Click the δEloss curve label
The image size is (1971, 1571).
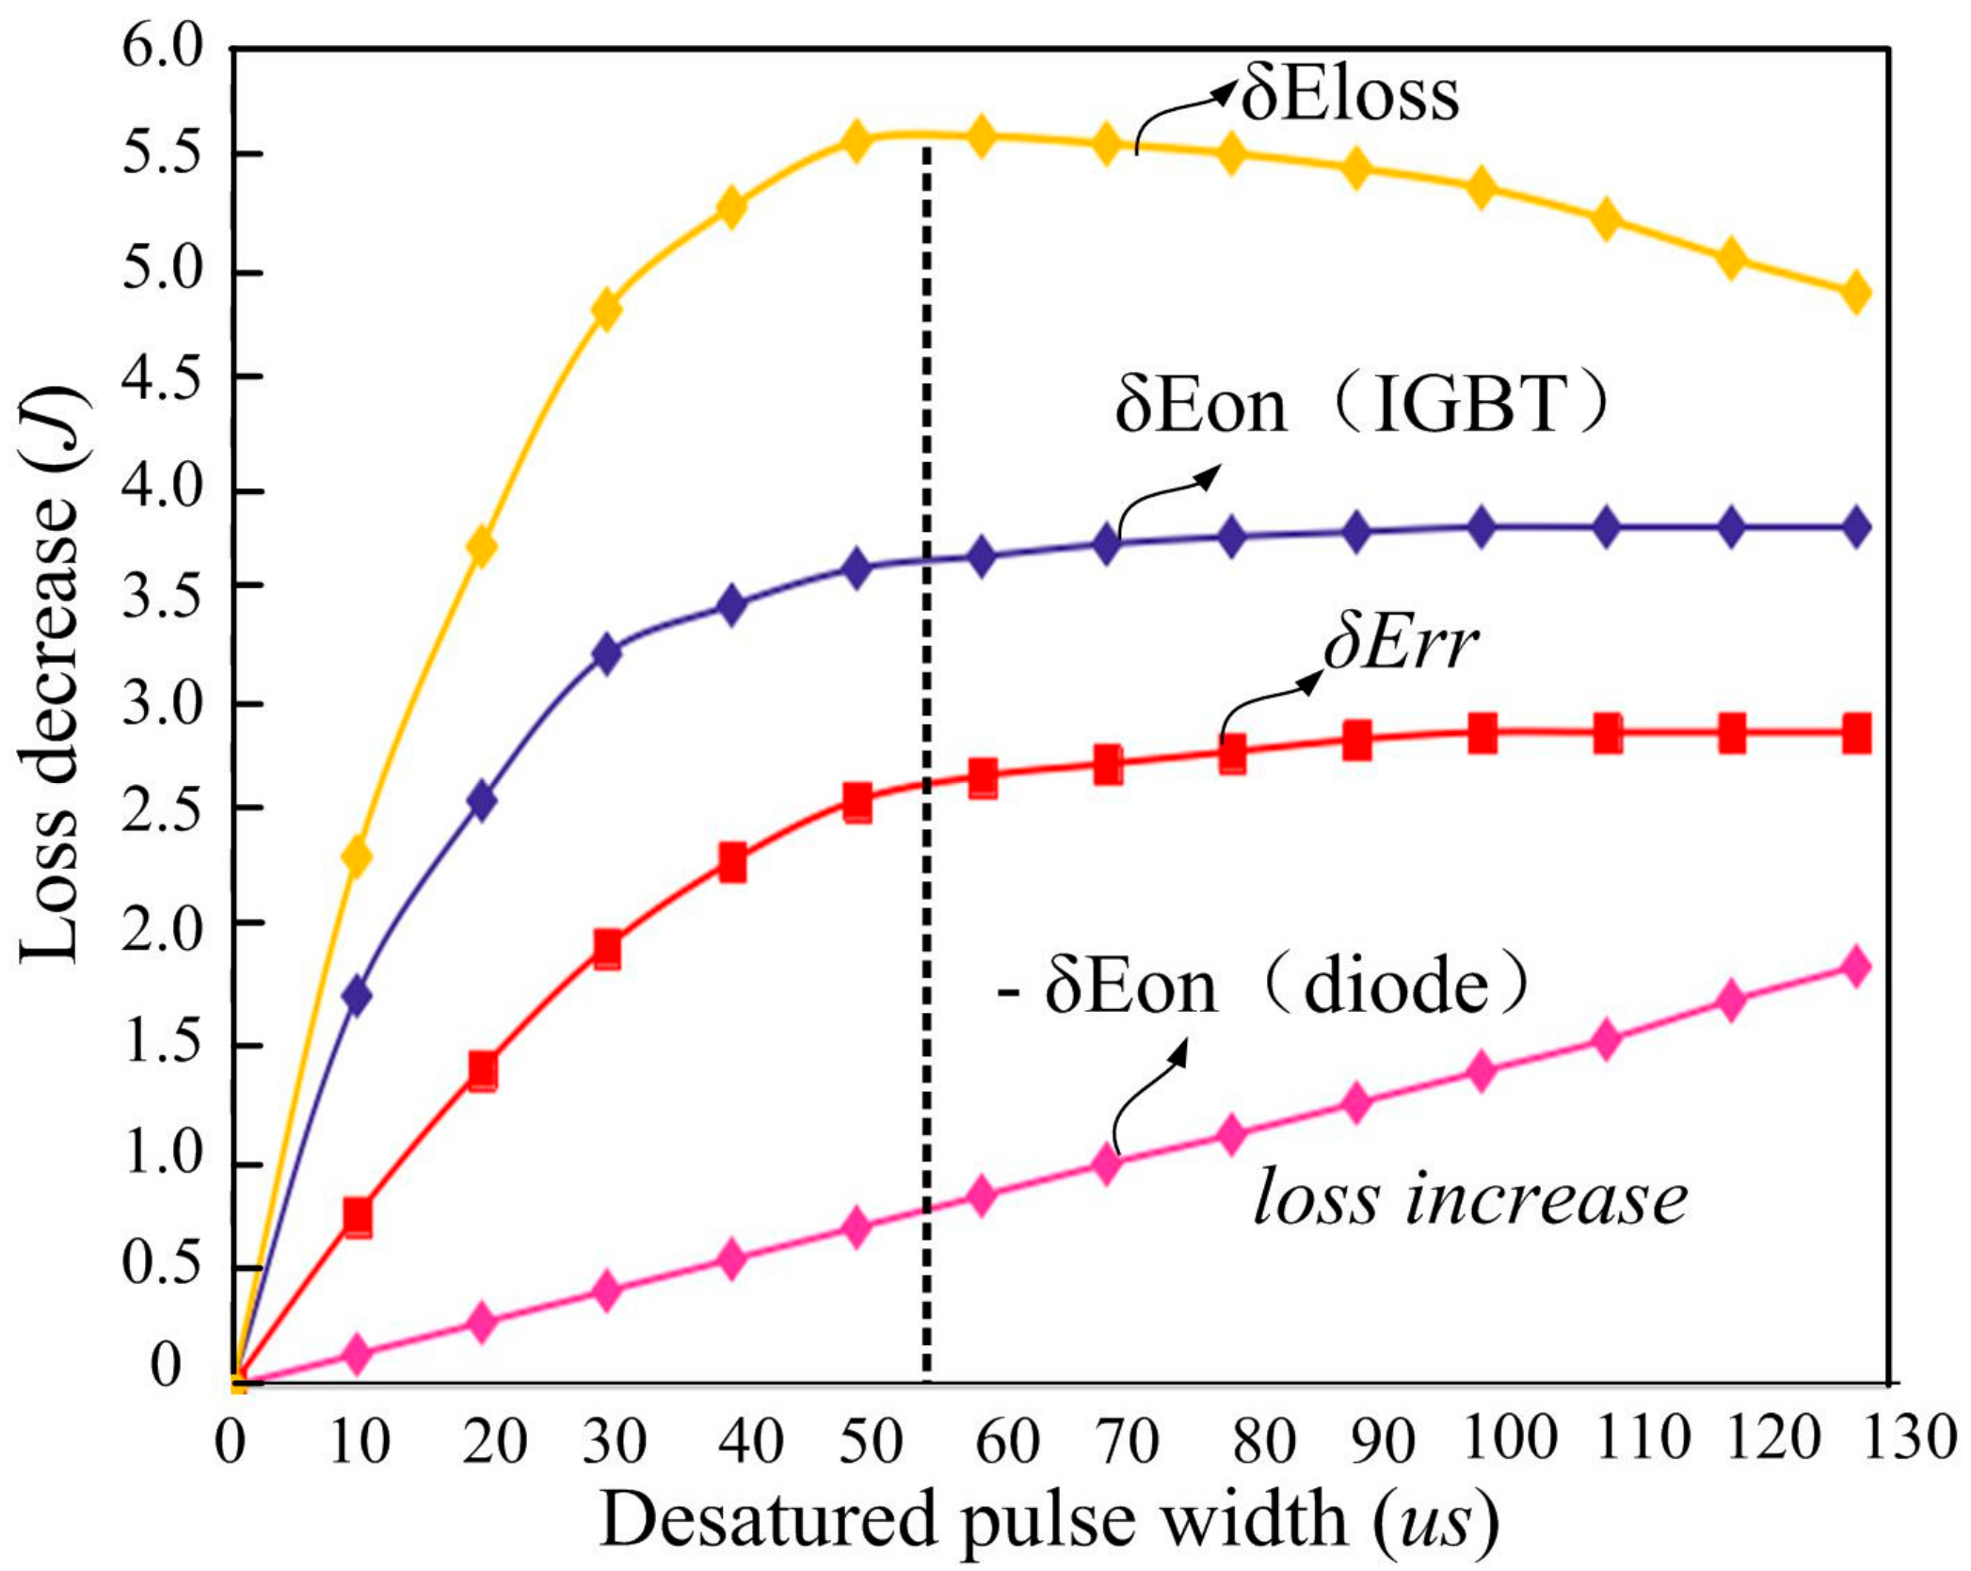1349,96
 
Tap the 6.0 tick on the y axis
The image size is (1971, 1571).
163,47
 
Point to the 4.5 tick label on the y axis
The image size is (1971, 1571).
163,377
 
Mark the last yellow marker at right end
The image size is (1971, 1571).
1855,293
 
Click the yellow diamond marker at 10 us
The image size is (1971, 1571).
357,856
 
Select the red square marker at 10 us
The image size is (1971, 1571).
357,1217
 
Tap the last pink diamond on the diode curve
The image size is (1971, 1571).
1855,967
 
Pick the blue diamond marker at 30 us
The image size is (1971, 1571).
607,653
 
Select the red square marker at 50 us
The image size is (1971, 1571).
857,802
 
